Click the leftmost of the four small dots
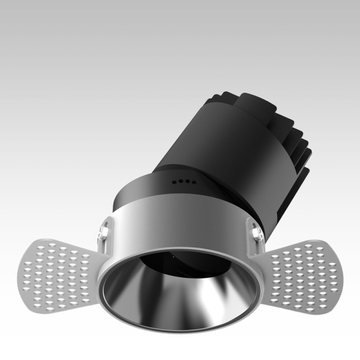point(174,179)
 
